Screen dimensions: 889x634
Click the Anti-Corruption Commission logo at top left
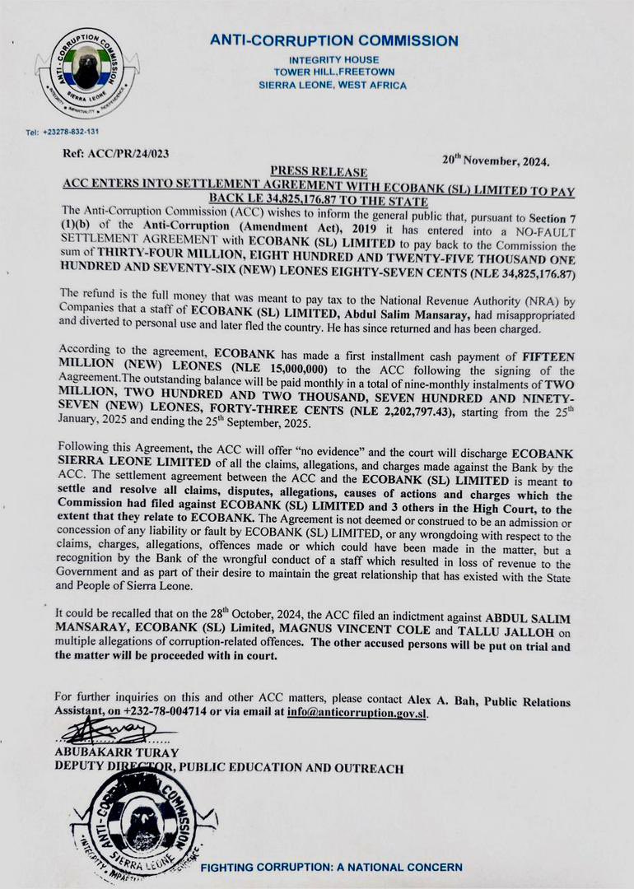click(87, 73)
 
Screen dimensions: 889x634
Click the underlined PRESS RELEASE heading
click(318, 171)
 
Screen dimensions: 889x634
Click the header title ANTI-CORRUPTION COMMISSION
click(333, 40)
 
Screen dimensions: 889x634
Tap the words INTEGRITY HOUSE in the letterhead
click(333, 60)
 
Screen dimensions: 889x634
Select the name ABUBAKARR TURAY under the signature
click(116, 752)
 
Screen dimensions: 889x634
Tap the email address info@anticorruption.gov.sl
click(357, 714)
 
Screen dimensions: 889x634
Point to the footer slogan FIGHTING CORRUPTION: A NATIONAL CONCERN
click(332, 867)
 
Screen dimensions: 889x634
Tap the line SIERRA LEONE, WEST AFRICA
click(333, 85)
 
